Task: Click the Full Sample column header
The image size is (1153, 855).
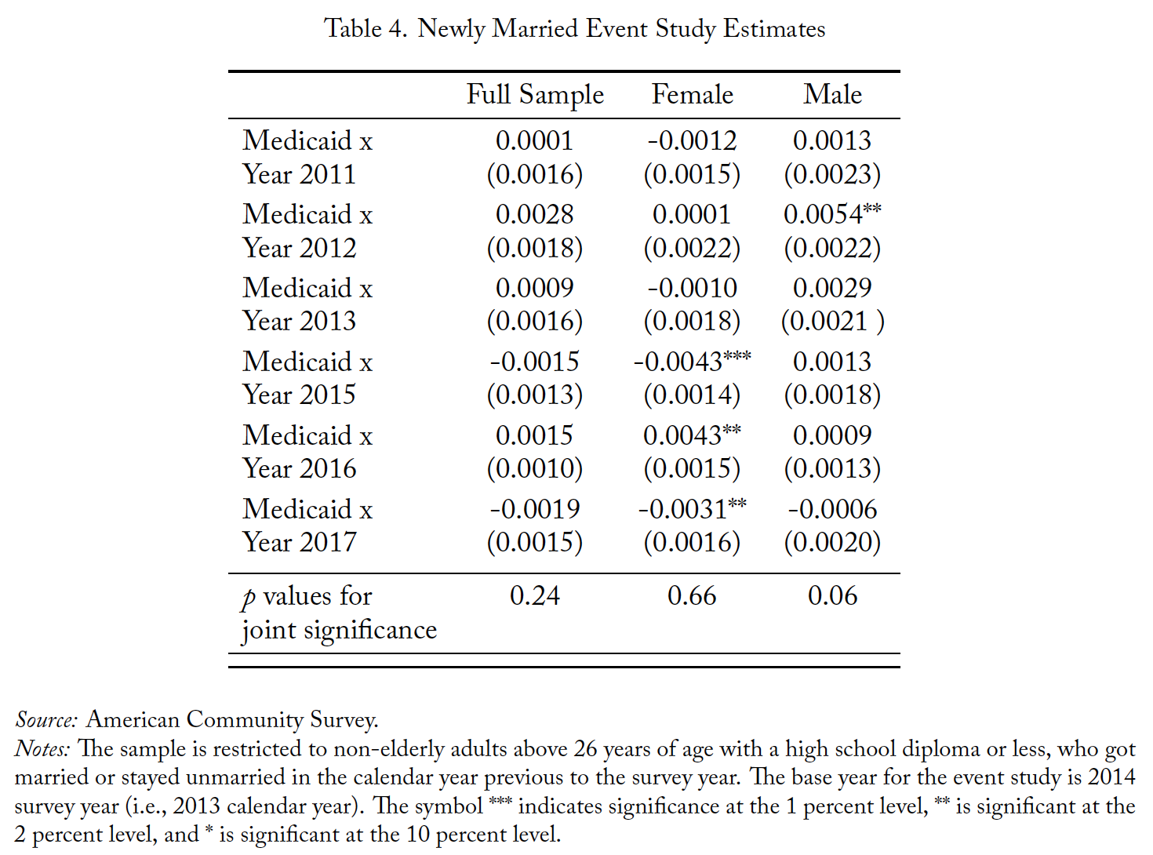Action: pyautogui.click(x=535, y=96)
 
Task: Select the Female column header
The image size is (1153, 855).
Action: pyautogui.click(x=693, y=95)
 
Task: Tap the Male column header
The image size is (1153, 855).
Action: pyautogui.click(x=832, y=95)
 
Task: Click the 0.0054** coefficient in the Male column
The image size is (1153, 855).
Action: pyautogui.click(x=832, y=213)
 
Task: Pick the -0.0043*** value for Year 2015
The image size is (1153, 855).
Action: pyautogui.click(x=692, y=361)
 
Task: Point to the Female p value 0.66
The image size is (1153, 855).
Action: pyautogui.click(x=692, y=595)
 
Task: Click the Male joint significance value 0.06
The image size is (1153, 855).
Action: pyautogui.click(x=832, y=595)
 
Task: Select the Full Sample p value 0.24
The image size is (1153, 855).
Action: pyautogui.click(x=534, y=595)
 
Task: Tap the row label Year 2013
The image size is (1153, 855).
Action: pyautogui.click(x=299, y=321)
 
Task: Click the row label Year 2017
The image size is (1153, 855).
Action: pyautogui.click(x=299, y=542)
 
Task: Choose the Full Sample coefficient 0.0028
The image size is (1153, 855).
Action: pyautogui.click(x=534, y=214)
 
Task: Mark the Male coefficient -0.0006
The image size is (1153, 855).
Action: pyautogui.click(x=832, y=509)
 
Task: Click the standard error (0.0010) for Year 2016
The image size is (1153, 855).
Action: pyautogui.click(x=534, y=468)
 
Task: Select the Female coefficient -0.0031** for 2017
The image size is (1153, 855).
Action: pyautogui.click(x=692, y=508)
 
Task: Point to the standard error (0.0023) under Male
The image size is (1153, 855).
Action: pyautogui.click(x=832, y=174)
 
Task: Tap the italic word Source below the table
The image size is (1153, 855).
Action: pyautogui.click(x=46, y=720)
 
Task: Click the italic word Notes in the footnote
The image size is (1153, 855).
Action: pyautogui.click(x=42, y=749)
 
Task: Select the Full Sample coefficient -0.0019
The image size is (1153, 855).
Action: pyautogui.click(x=534, y=509)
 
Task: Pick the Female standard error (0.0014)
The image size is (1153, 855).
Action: pyautogui.click(x=692, y=395)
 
